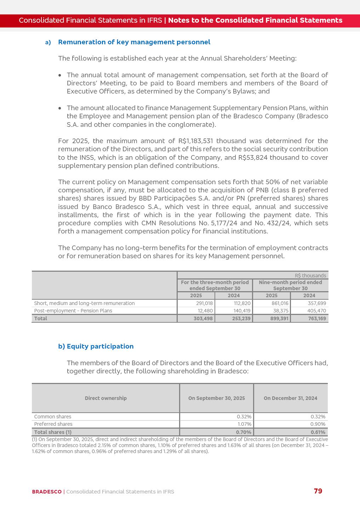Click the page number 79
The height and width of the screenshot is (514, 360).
pyautogui.click(x=318, y=491)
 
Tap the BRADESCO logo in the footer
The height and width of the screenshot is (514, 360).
pyautogui.click(x=47, y=492)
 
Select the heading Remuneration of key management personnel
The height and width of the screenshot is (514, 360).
pyautogui.click(x=134, y=42)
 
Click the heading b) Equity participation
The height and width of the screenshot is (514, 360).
pyautogui.click(x=96, y=346)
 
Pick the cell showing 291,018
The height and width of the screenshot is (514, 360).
pyautogui.click(x=204, y=303)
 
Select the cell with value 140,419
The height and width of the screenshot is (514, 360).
pyautogui.click(x=242, y=311)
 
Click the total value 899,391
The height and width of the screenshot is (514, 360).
pyautogui.click(x=279, y=318)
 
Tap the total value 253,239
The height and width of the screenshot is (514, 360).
pyautogui.click(x=241, y=318)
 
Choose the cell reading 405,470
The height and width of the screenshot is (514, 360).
pyautogui.click(x=317, y=311)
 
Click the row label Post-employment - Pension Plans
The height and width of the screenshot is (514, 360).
pyautogui.click(x=73, y=311)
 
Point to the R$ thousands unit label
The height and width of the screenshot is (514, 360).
pyautogui.click(x=310, y=276)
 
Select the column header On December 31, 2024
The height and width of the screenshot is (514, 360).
pyautogui.click(x=290, y=398)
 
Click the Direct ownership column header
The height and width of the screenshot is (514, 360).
pyautogui.click(x=105, y=398)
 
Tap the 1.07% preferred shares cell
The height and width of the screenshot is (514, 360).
pyautogui.click(x=244, y=424)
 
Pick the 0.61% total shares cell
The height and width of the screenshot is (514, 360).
pyautogui.click(x=318, y=432)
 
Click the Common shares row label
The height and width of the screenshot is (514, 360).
pyautogui.click(x=53, y=417)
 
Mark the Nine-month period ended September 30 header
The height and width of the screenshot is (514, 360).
pyautogui.click(x=290, y=285)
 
